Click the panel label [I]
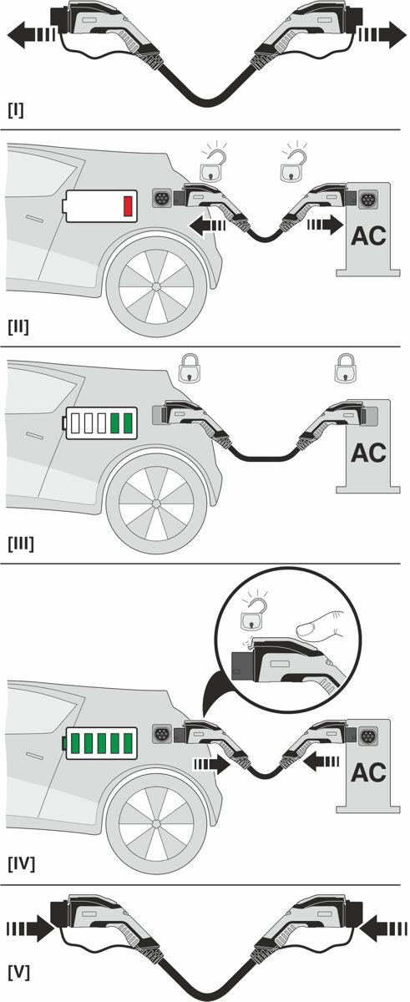pos(16,109)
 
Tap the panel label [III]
pos(21,544)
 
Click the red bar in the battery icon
pos(128,205)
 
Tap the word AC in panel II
pos(368,235)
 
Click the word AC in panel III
pos(368,453)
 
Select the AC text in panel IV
pos(368,772)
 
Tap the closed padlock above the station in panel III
pos(345,368)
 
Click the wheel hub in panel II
pos(156,286)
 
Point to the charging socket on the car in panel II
pos(161,197)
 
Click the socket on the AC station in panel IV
pos(368,735)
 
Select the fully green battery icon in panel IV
pos(100,743)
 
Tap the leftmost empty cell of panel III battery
pos(75,423)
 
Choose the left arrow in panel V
pos(30,928)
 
